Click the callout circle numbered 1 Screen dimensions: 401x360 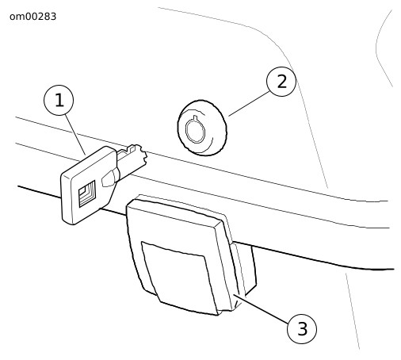59,100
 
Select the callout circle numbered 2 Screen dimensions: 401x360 281,82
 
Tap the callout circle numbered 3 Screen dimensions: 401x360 302,328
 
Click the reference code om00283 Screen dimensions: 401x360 32,17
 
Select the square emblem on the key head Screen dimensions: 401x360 87,193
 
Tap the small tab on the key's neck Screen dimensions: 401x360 109,178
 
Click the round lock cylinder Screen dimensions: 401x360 202,128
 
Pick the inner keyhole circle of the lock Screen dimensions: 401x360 195,130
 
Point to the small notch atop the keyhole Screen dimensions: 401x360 195,117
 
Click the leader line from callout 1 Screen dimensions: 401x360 75,134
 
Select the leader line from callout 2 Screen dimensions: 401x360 249,103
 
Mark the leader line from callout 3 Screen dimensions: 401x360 262,308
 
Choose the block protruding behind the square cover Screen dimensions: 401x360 244,267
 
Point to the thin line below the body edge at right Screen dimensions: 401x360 353,311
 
